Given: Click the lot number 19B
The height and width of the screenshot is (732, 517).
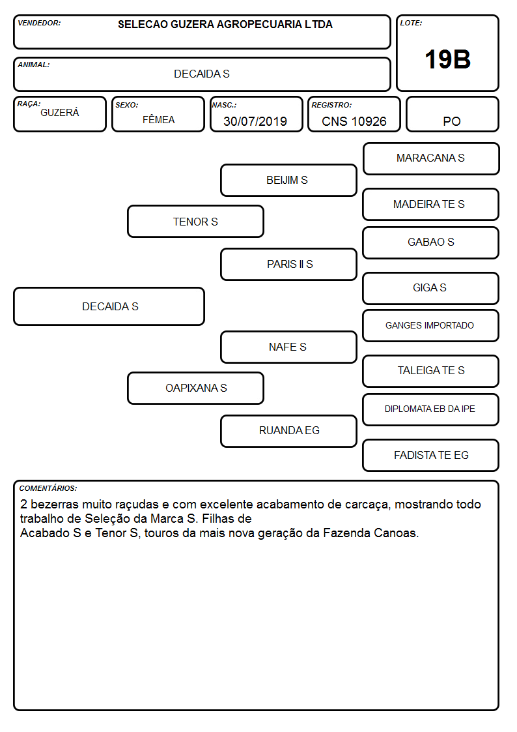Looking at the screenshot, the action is tap(447, 59).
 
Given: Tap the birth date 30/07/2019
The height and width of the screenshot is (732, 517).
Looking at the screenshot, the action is tap(255, 121).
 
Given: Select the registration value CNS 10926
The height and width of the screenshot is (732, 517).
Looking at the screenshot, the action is tap(354, 121).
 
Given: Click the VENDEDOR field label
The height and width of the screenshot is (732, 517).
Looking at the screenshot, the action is tap(39, 23).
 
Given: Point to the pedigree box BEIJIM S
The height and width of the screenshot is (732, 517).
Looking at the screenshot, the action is tap(288, 180).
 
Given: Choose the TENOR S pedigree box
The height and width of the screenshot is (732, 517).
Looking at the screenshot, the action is tap(195, 222).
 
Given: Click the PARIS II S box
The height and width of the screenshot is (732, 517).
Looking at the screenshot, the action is tap(288, 264).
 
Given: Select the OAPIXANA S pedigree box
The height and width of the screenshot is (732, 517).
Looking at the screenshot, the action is tap(195, 388).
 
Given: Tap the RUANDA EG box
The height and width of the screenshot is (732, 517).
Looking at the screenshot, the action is tap(288, 431).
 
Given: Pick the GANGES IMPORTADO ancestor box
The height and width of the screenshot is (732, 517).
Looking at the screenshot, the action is tap(431, 325).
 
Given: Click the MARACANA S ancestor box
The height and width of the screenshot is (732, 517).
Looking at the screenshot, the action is tap(431, 159).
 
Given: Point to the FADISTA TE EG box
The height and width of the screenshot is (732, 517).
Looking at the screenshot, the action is tap(431, 455).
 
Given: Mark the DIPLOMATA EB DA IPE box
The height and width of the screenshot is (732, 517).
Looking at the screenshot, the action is tap(431, 409).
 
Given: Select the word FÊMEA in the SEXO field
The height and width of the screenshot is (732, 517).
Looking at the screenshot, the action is tap(158, 120).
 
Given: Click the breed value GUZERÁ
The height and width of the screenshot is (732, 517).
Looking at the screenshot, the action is tap(60, 113).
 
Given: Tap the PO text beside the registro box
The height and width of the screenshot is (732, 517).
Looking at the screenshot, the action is tap(452, 121).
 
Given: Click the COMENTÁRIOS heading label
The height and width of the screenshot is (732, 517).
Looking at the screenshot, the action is tap(48, 488).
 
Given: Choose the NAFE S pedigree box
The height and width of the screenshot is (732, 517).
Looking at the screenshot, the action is tap(288, 347).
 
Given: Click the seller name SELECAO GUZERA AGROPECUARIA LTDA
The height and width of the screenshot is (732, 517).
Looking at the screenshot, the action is tap(225, 24).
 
